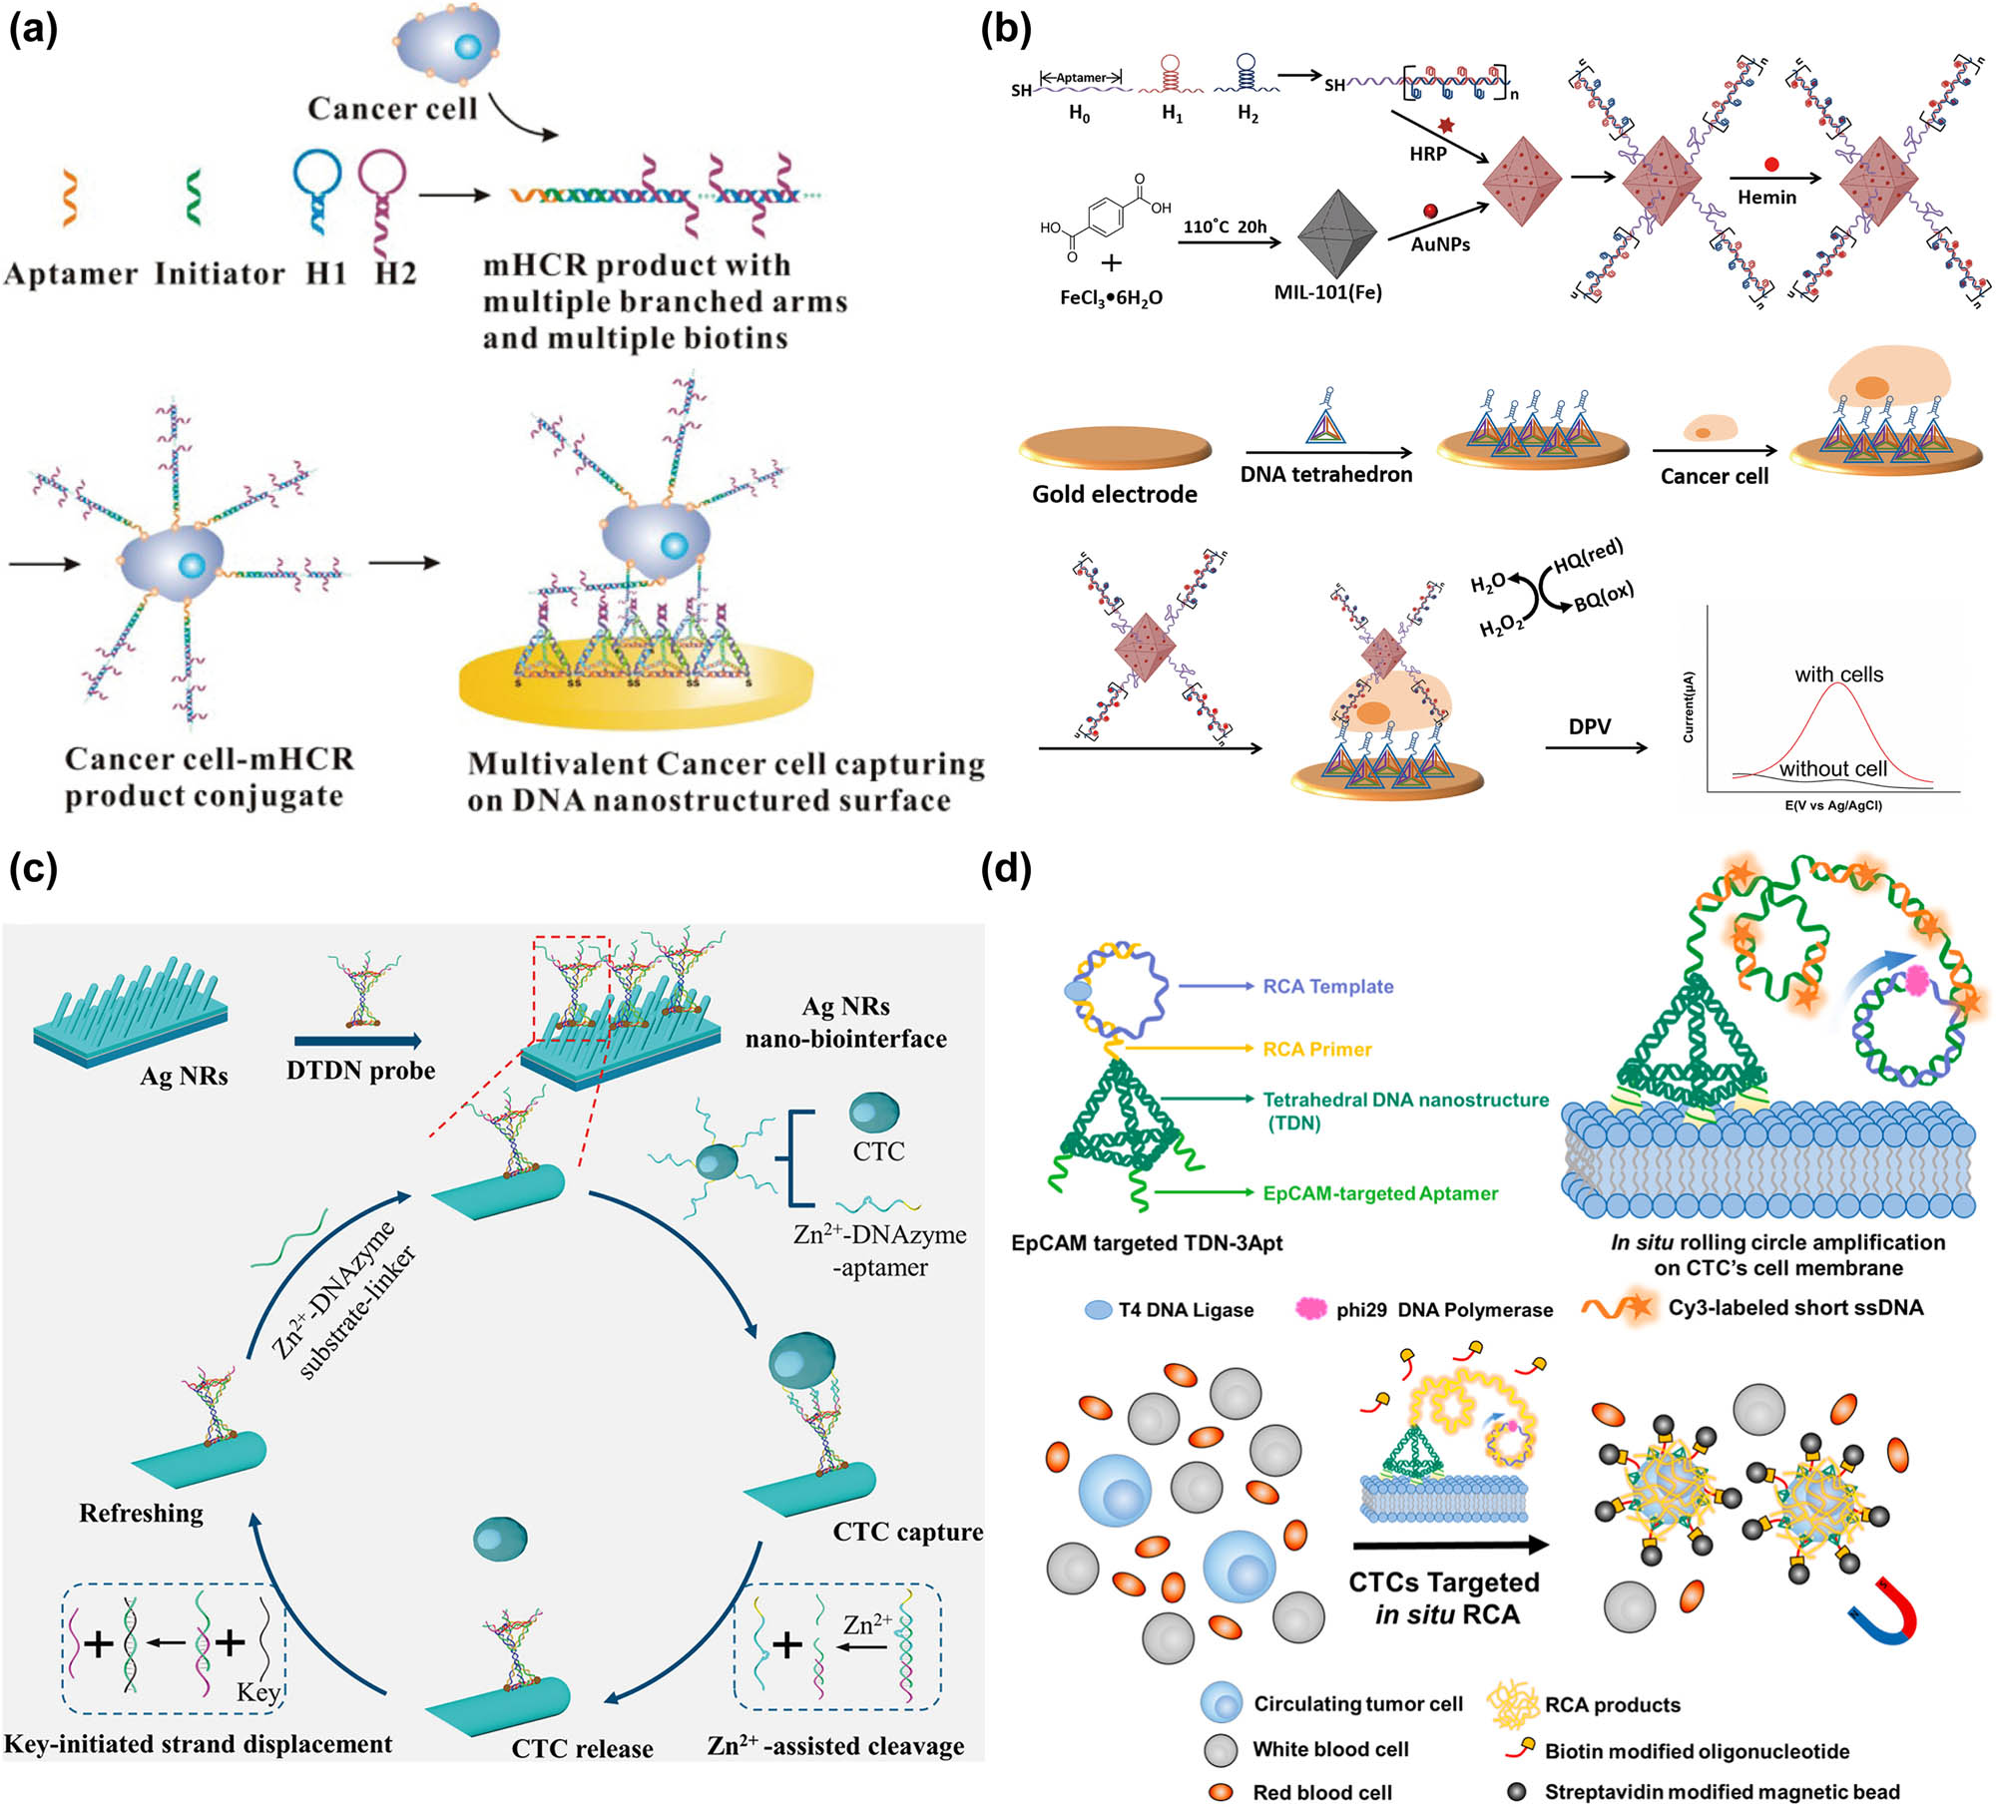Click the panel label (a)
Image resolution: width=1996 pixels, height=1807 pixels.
tap(33, 30)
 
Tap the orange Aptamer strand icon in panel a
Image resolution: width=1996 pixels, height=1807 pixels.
tap(69, 197)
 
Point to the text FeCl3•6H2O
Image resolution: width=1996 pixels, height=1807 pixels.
tap(1111, 297)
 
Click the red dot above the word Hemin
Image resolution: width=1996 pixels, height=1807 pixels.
tap(1771, 165)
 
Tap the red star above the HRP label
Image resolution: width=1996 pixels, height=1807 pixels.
tap(1446, 126)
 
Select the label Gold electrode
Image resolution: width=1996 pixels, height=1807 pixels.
tap(1114, 494)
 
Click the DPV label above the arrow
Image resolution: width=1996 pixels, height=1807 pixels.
tap(1589, 726)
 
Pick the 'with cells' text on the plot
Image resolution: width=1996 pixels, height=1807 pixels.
tap(1838, 675)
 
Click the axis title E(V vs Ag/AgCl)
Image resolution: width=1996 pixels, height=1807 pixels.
tap(1832, 805)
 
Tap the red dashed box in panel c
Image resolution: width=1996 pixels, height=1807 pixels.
tap(571, 988)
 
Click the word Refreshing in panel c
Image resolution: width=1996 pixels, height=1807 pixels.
tap(141, 1514)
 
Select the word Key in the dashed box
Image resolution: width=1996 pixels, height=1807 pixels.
tap(257, 1692)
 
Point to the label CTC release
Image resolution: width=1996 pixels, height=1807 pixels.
tap(582, 1749)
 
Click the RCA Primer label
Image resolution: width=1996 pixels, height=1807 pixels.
tap(1316, 1050)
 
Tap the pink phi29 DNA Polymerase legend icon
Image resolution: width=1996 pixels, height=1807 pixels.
tap(1309, 1309)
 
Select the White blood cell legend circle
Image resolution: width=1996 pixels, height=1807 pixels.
tap(1221, 1749)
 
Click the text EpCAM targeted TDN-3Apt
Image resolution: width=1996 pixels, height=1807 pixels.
tap(1147, 1243)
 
